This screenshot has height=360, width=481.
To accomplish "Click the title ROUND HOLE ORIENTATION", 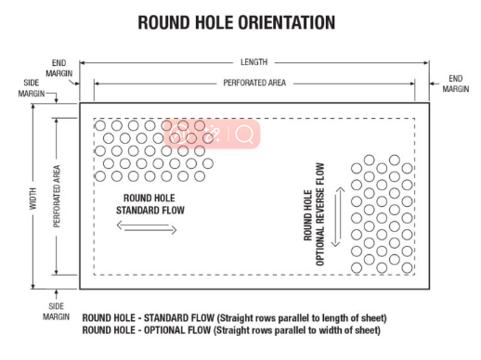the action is click(237, 22).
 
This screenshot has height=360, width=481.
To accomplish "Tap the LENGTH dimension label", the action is click(253, 62).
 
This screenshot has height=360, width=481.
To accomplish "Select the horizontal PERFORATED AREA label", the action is click(254, 83).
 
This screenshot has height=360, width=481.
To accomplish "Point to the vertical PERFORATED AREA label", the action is click(57, 197).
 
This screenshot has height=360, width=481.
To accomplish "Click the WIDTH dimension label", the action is click(32, 199).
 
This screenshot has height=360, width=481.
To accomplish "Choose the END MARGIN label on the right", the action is click(456, 84).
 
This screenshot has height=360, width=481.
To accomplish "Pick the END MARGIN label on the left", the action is click(58, 68).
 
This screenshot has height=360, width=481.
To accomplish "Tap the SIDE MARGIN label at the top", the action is click(32, 88).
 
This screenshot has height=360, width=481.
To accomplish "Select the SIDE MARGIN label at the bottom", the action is click(56, 312).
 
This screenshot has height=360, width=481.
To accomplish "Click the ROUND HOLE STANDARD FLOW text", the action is click(150, 204).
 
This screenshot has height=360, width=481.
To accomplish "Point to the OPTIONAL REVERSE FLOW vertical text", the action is click(319, 214).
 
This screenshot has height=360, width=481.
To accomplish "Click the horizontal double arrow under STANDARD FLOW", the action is click(147, 227).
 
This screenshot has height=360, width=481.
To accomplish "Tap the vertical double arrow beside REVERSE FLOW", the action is click(338, 217).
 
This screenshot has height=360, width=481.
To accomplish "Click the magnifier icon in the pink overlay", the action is click(244, 135).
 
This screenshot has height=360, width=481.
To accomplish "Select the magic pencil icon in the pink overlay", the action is click(213, 134).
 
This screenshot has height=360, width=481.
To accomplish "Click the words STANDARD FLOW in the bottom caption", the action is click(179, 318).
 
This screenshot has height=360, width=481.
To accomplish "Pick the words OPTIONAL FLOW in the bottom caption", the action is click(177, 330).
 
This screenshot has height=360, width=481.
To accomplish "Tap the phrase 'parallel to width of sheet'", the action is click(328, 330).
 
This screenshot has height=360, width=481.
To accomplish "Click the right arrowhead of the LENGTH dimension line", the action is click(426, 63).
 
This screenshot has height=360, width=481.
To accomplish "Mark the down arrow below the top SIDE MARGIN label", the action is click(57, 98).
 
